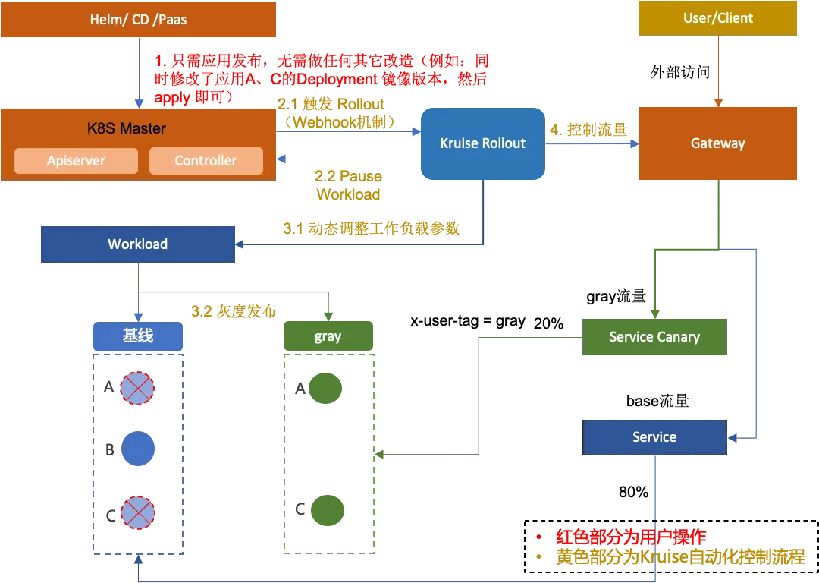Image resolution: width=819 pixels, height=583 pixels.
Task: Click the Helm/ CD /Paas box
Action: [x=138, y=20]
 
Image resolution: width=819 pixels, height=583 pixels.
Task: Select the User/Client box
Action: [x=718, y=18]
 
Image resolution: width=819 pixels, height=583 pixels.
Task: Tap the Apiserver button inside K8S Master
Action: [x=76, y=161]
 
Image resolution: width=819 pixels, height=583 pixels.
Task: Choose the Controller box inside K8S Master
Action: [x=206, y=161]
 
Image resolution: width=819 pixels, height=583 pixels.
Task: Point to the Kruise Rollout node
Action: [x=482, y=143]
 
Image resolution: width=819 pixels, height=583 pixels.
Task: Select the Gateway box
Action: [x=717, y=143]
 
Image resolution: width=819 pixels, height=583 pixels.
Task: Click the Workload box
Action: [x=137, y=244]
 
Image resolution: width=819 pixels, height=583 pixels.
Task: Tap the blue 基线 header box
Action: [x=138, y=336]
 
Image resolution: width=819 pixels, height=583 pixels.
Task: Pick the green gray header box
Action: [x=328, y=336]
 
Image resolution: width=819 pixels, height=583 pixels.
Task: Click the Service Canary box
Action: [x=654, y=337]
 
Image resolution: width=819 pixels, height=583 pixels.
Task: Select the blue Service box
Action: [x=654, y=437]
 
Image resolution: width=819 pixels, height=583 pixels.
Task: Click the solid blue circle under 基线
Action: [x=138, y=449]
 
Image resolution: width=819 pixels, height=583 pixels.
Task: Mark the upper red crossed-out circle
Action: [x=138, y=388]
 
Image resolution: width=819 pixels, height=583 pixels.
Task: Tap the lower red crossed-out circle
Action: [x=138, y=512]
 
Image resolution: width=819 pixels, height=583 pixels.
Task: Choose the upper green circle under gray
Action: [x=327, y=388]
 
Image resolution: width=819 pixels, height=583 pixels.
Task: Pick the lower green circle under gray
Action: [x=327, y=510]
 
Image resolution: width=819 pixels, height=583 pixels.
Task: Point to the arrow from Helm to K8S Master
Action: [x=138, y=73]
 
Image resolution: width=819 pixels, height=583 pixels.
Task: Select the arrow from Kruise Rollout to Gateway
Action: [x=591, y=143]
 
